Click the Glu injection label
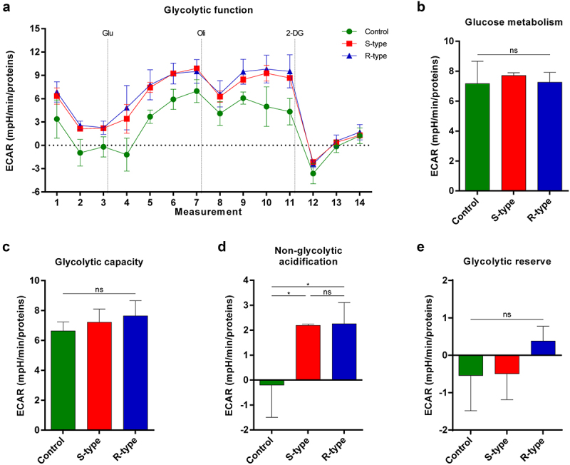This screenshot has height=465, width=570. click(108, 33)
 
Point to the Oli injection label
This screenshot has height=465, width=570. click(202, 33)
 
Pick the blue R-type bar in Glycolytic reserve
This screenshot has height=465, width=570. click(543, 348)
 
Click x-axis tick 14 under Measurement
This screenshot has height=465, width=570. click(360, 203)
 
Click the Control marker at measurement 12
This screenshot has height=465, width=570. click(313, 173)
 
